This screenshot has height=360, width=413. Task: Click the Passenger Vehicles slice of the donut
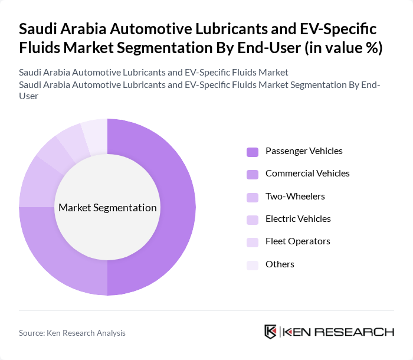tap(177, 207)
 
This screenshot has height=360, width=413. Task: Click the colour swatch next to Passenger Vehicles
tap(253, 152)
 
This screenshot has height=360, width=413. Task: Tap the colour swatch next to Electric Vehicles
tap(253, 220)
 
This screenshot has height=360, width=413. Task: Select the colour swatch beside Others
tap(253, 265)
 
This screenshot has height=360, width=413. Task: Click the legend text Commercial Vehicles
tap(307, 174)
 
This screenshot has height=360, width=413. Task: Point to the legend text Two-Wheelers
tap(295, 197)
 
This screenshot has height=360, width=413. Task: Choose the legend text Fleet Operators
tap(297, 241)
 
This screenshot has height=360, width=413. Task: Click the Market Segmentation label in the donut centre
tap(107, 208)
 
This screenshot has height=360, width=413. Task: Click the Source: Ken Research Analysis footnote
tap(72, 333)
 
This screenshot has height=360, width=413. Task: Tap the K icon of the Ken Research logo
tap(271, 332)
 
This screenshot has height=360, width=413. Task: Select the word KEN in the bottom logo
tap(297, 332)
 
